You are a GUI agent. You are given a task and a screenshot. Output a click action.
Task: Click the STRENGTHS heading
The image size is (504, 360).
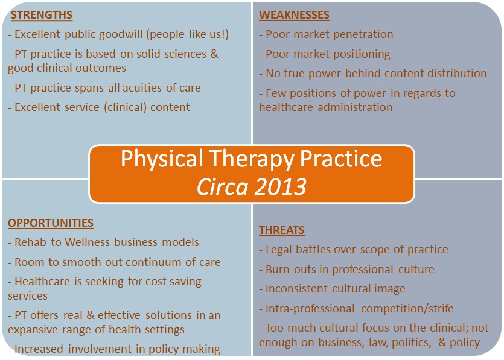(42, 15)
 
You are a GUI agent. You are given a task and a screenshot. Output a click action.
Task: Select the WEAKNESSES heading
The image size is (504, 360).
(294, 15)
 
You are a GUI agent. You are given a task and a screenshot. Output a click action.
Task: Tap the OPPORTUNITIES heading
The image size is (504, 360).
(51, 223)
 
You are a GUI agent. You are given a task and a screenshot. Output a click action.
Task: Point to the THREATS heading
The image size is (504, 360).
(281, 230)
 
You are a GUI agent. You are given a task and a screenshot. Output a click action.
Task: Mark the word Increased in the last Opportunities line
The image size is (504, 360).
(39, 349)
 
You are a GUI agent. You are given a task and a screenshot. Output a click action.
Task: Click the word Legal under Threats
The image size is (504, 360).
(279, 250)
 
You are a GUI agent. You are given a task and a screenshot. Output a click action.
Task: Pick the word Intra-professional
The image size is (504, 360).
(310, 309)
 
